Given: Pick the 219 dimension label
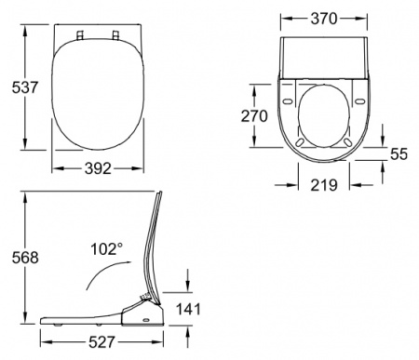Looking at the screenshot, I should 324,185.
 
